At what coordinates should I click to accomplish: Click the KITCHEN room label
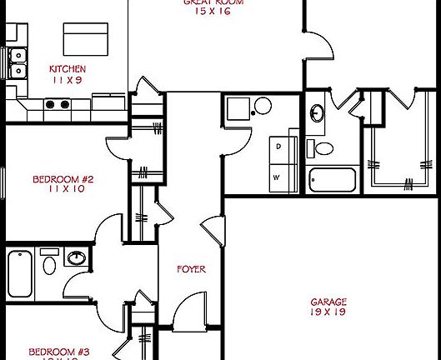(68, 69)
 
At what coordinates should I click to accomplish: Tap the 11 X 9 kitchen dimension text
(68, 80)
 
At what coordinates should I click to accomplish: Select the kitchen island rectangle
(86, 38)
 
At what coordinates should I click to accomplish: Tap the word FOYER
(191, 270)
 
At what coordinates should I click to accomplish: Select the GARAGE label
(328, 302)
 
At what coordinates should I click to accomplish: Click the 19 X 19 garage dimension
(328, 313)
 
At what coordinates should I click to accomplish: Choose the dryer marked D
(279, 147)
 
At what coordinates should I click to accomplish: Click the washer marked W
(279, 176)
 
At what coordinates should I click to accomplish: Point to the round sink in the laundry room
(262, 106)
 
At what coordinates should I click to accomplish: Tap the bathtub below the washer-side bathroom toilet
(332, 180)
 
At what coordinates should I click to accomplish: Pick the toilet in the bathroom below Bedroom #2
(48, 264)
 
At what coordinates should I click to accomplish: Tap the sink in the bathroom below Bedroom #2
(77, 257)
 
